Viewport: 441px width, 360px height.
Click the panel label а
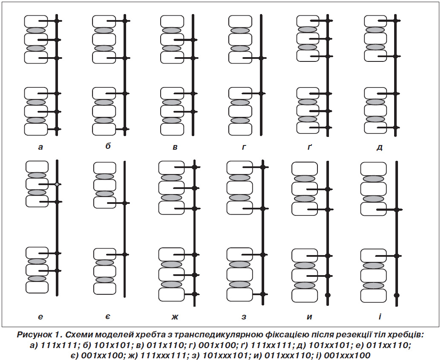pos(40,147)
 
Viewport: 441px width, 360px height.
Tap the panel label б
pos(108,146)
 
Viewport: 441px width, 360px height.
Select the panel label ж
pos(175,316)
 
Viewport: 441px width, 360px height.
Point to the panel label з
pos(244,316)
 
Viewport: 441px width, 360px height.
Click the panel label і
pos(380,316)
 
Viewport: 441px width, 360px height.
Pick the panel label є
pos(108,316)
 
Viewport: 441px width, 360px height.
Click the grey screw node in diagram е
pos(57,184)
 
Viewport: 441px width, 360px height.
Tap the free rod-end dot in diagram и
pos(327,295)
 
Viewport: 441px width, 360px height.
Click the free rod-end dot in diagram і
pos(397,295)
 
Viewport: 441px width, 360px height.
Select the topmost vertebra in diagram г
pos(240,21)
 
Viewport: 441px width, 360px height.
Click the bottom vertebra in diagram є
pos(105,288)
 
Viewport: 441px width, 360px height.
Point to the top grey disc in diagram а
pos(36,30)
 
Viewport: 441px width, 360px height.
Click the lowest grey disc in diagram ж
pos(172,284)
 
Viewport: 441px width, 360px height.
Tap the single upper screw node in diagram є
pos(125,203)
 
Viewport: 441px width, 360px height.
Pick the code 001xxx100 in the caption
pos(347,355)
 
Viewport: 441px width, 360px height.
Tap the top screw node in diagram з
pos(263,167)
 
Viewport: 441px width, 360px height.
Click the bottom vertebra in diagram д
pos(376,128)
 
